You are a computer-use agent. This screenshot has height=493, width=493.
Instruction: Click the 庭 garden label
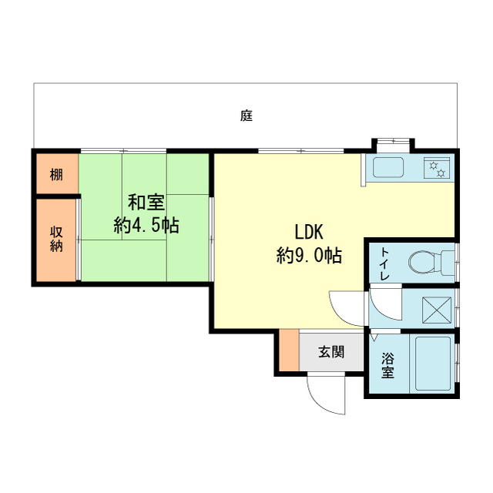click(246, 116)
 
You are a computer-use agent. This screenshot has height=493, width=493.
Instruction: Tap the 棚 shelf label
click(56, 175)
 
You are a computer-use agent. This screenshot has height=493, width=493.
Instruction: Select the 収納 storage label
click(56, 239)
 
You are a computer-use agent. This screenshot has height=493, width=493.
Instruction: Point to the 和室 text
click(146, 202)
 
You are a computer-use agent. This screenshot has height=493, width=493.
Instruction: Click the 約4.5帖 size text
click(146, 225)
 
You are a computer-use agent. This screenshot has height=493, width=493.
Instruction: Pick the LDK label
click(309, 232)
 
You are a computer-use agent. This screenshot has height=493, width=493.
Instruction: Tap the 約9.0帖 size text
click(310, 255)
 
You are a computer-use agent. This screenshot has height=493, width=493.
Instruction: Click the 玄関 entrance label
click(331, 352)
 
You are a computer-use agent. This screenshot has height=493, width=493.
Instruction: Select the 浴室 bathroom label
click(387, 365)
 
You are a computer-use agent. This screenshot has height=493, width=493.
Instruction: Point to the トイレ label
click(385, 263)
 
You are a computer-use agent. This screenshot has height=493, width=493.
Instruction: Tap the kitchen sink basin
click(388, 168)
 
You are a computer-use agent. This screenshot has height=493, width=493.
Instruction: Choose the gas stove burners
click(437, 168)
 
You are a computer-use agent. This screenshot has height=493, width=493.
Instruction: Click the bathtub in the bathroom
click(433, 364)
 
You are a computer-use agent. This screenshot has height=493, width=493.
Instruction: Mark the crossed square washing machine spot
click(437, 310)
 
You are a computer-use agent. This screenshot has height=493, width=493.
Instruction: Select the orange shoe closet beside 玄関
click(289, 350)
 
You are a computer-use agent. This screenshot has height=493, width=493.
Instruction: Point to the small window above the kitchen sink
click(393, 142)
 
